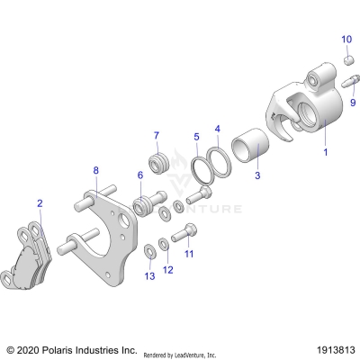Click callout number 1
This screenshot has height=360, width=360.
click(x=326, y=152)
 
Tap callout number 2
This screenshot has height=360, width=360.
click(x=39, y=203)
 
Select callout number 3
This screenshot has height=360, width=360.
click(x=256, y=175)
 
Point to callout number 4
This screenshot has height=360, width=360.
click(x=217, y=130)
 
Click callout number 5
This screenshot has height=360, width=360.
click(x=196, y=137)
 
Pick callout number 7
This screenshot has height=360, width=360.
click(x=156, y=137)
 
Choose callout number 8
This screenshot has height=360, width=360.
click(x=96, y=168)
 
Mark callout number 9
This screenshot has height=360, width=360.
click(x=352, y=103)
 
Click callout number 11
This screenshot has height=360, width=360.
click(x=189, y=254)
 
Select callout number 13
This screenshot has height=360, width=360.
click(x=149, y=276)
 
